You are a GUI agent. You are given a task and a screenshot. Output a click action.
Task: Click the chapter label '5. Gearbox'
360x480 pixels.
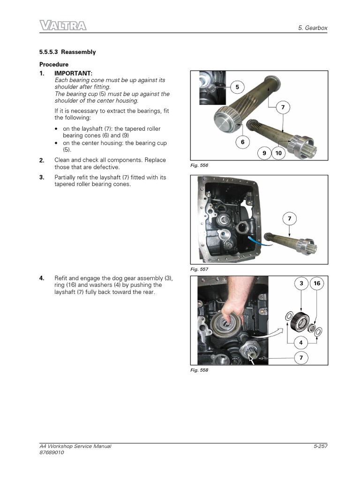pyautogui.click(x=313, y=28)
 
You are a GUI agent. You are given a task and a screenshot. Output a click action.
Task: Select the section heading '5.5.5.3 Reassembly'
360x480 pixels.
pyautogui.click(x=67, y=52)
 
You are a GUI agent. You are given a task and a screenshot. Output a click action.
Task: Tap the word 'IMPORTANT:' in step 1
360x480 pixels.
pyautogui.click(x=74, y=73)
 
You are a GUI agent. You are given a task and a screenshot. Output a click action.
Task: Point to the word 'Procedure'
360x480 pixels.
pyautogui.click(x=54, y=64)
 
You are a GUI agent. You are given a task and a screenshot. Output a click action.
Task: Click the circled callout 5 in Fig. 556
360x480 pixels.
pyautogui.click(x=237, y=87)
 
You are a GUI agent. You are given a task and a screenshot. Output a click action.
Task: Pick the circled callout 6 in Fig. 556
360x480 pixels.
pyautogui.click(x=243, y=142)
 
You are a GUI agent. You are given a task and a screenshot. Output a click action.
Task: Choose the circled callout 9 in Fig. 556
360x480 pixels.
pyautogui.click(x=264, y=153)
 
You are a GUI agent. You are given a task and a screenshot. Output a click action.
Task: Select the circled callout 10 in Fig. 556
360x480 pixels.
pyautogui.click(x=278, y=153)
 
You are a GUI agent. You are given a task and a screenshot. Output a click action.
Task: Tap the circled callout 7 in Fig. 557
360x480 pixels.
pyautogui.click(x=289, y=218)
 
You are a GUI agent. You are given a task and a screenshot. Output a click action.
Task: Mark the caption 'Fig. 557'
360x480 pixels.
pyautogui.click(x=199, y=270)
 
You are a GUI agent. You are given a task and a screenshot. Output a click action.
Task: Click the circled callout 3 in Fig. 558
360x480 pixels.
pyautogui.click(x=301, y=283)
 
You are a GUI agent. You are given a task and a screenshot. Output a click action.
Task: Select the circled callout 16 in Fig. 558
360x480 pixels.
pyautogui.click(x=317, y=283)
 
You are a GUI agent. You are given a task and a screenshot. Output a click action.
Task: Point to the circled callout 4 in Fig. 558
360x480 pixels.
pyautogui.click(x=301, y=343)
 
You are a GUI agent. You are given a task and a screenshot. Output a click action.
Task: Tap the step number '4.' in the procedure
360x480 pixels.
pyautogui.click(x=42, y=278)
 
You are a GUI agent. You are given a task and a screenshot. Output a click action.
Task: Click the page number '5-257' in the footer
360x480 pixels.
pyautogui.click(x=320, y=446)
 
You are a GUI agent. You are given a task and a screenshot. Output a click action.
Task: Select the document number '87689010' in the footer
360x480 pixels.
pyautogui.click(x=52, y=452)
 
